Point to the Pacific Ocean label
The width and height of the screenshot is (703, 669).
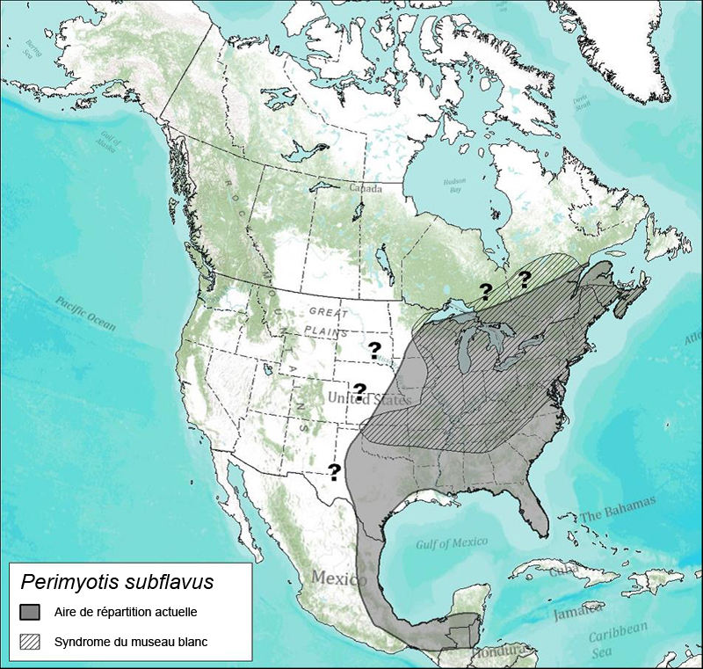(x=85, y=313)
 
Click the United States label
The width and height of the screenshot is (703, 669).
(x=368, y=400)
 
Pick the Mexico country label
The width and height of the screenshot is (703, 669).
(x=338, y=580)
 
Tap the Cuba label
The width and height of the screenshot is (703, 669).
(x=562, y=571)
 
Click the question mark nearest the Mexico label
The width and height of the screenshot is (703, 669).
(x=334, y=472)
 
